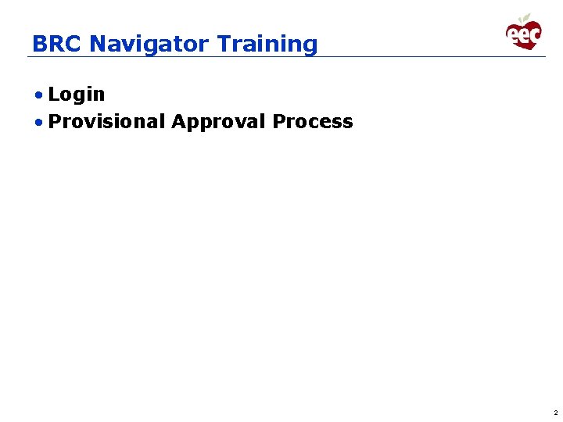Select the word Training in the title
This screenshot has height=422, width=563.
(267, 45)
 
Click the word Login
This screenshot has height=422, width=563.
(77, 95)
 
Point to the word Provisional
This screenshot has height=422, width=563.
(106, 122)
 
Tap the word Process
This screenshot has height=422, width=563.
(313, 122)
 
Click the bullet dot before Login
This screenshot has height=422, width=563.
(38, 95)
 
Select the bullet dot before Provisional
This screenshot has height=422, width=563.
(38, 122)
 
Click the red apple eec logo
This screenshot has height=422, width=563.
(523, 34)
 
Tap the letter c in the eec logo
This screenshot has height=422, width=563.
(534, 34)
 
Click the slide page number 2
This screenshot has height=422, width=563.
(555, 412)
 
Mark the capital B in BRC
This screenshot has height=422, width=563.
(39, 44)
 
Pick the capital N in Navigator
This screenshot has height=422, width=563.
(97, 44)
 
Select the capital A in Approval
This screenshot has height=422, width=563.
(178, 122)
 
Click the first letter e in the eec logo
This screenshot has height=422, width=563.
(513, 35)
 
